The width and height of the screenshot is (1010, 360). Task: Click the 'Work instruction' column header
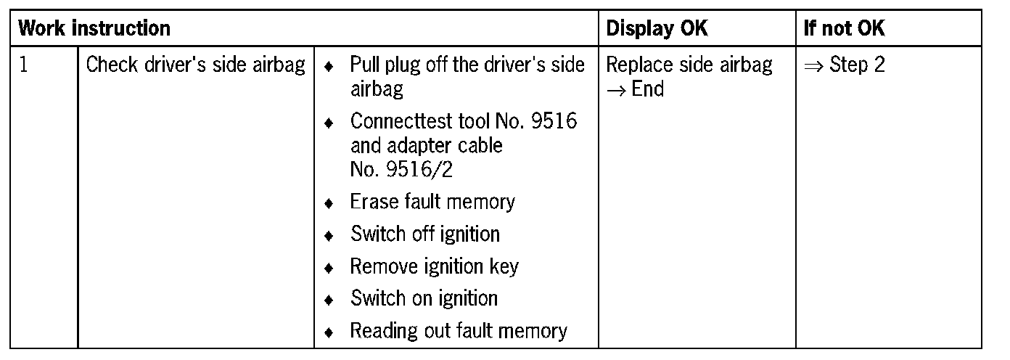coord(94,29)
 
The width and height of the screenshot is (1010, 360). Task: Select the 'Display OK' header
coord(657,29)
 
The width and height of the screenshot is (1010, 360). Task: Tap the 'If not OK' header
coord(845,29)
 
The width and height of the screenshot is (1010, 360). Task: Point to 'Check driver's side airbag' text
coord(196,65)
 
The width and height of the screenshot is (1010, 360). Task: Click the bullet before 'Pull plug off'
coord(329,67)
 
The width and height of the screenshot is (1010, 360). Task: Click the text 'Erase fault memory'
coord(432,202)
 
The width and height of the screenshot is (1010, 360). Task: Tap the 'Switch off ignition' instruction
coord(425,234)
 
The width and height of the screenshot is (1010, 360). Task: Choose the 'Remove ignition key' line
coord(435,266)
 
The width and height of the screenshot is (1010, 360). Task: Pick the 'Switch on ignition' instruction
coord(424,298)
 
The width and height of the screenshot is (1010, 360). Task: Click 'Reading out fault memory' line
coord(459,331)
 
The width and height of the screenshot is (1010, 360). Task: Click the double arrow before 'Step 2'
coord(814,66)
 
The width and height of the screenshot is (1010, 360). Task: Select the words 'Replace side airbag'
coord(689,65)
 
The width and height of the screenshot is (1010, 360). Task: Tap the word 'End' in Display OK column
coord(648,89)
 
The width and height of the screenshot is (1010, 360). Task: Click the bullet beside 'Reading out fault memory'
coord(329,333)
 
